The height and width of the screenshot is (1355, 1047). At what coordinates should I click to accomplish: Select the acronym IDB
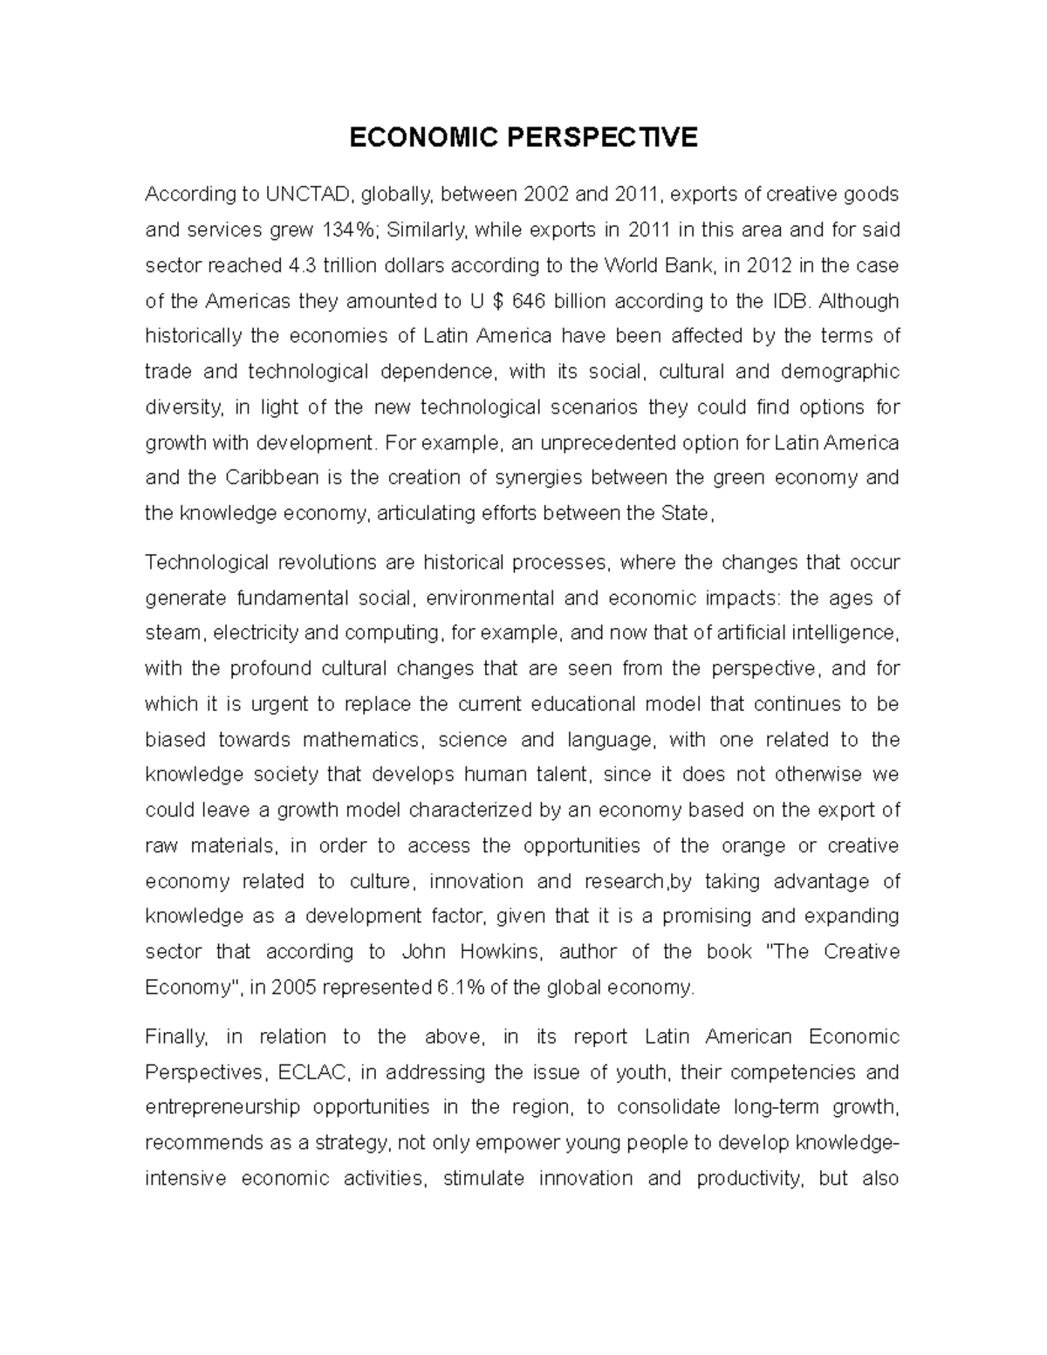click(x=790, y=301)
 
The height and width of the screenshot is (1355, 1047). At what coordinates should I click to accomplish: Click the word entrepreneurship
click(x=222, y=1108)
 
